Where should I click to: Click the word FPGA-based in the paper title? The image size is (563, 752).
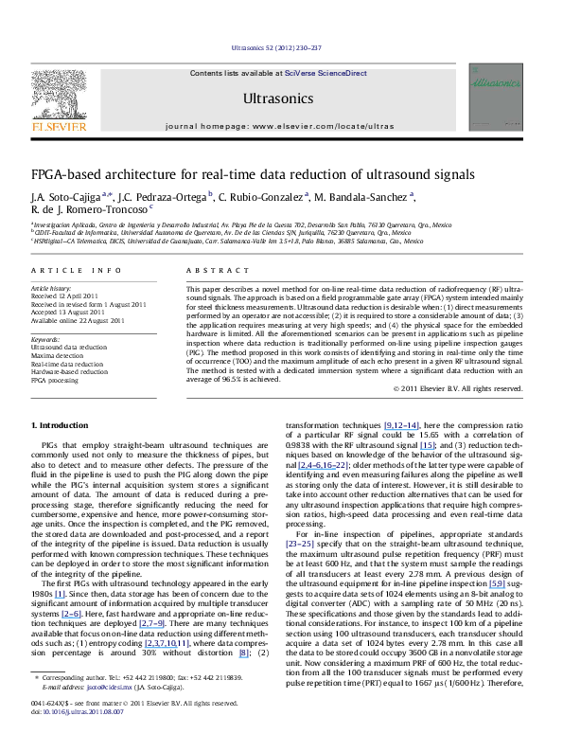[69, 175]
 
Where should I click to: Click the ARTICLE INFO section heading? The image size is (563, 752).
[63, 270]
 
